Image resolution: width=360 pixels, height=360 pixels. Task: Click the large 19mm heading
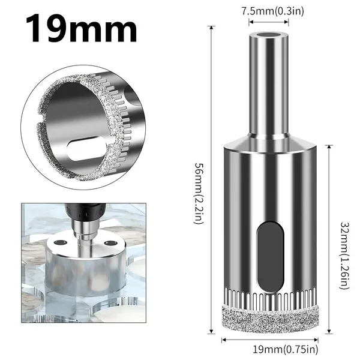(81, 28)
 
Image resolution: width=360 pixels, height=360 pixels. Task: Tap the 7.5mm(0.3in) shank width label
(272, 11)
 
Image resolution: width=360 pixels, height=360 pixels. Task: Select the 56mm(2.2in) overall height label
(199, 193)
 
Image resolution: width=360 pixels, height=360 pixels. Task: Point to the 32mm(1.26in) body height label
(344, 256)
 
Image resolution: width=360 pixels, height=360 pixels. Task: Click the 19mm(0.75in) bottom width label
(286, 349)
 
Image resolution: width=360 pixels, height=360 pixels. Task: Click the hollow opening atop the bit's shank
(269, 35)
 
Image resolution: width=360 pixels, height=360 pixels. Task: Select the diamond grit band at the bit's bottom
(270, 319)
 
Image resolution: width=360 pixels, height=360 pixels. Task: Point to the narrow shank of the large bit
(269, 85)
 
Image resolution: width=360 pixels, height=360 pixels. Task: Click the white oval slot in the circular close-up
(87, 148)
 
